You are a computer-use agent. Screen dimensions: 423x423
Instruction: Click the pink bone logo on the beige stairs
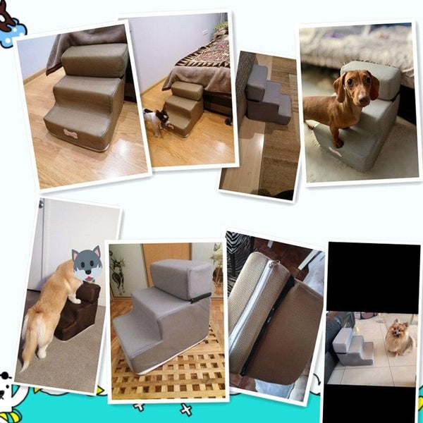[71, 132]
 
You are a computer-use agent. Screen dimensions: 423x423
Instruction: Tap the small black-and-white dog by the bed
[156, 121]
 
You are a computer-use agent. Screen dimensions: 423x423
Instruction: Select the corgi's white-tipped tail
[27, 352]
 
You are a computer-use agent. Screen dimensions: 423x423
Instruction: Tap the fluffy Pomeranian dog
[400, 338]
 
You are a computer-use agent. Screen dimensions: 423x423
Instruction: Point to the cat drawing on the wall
[117, 271]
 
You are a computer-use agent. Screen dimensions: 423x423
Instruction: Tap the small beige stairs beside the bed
[184, 106]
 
